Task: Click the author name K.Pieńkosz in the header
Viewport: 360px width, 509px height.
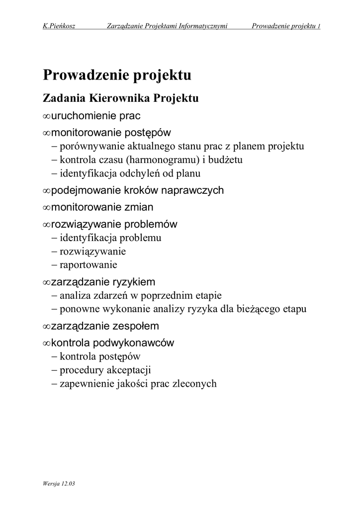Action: [59, 26]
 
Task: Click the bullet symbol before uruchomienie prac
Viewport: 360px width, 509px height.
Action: [46, 116]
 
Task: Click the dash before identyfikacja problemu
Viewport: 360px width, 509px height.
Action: [54, 238]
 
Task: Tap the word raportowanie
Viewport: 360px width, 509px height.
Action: [89, 265]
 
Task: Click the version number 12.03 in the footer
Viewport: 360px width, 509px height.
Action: [70, 483]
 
